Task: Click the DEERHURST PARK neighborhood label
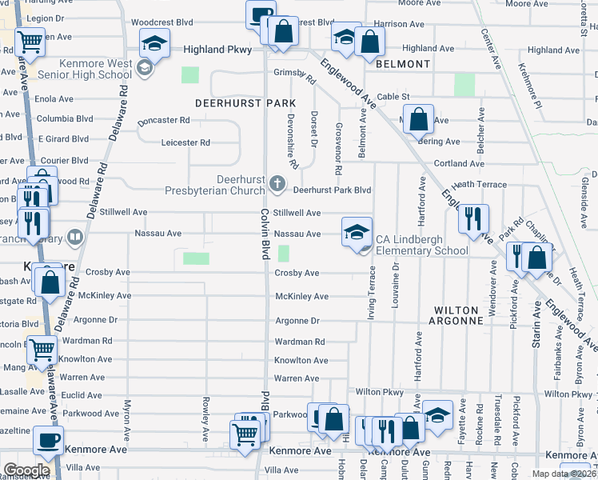[245, 103]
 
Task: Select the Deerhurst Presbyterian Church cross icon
[277, 184]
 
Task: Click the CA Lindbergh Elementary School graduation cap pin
[357, 232]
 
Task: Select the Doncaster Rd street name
[163, 121]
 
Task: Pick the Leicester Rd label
[185, 142]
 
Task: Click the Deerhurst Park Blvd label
[332, 190]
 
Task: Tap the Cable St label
[393, 96]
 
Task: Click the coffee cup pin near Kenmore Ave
[49, 439]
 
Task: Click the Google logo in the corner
[26, 470]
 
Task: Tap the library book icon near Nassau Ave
[74, 236]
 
